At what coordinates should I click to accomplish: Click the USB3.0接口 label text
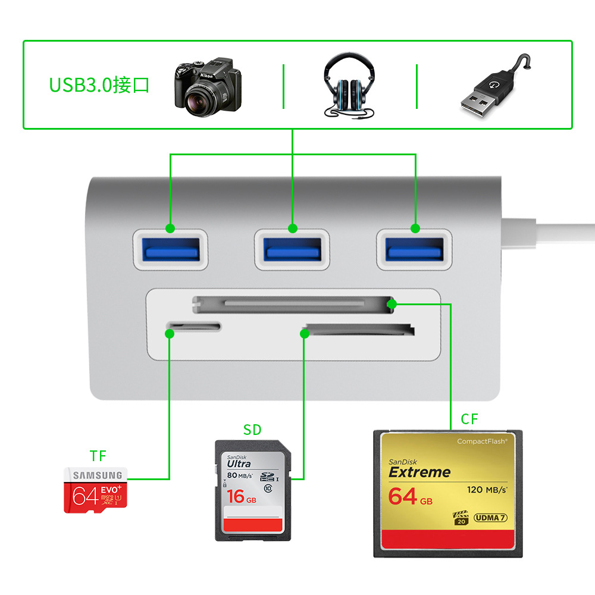pos(99,85)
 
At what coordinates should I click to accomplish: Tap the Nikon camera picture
pos(208,86)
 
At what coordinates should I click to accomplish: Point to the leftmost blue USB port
pos(170,247)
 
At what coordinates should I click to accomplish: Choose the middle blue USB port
pos(292,247)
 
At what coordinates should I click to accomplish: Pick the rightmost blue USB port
pos(415,247)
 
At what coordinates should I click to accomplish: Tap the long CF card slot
pos(295,305)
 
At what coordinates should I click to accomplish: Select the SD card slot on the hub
pos(359,329)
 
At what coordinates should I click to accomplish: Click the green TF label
pos(98,456)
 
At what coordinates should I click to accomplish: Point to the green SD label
pos(252,430)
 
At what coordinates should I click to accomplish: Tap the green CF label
pos(469,419)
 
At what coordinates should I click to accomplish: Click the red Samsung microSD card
pos(96,490)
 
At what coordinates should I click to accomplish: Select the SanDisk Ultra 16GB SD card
pos(252,490)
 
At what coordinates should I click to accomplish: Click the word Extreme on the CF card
pos(419,472)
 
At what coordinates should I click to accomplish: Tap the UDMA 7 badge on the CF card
pos(491,518)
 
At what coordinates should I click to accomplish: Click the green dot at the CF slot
pos(392,305)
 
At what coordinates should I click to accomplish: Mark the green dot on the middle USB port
pos(292,228)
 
